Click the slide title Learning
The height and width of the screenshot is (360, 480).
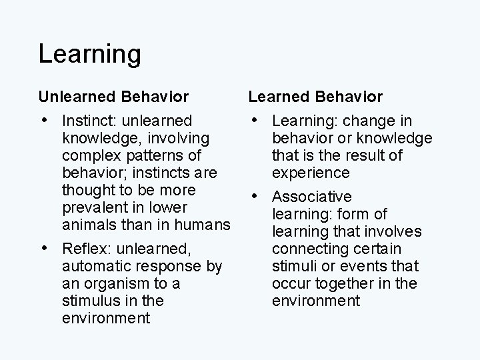point(89,54)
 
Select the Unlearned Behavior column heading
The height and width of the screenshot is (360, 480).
point(113,97)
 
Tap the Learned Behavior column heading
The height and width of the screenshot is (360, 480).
point(315,97)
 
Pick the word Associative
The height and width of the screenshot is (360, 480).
point(311,197)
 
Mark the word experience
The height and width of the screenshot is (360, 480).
point(311,173)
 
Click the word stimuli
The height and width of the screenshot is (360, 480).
point(292,266)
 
